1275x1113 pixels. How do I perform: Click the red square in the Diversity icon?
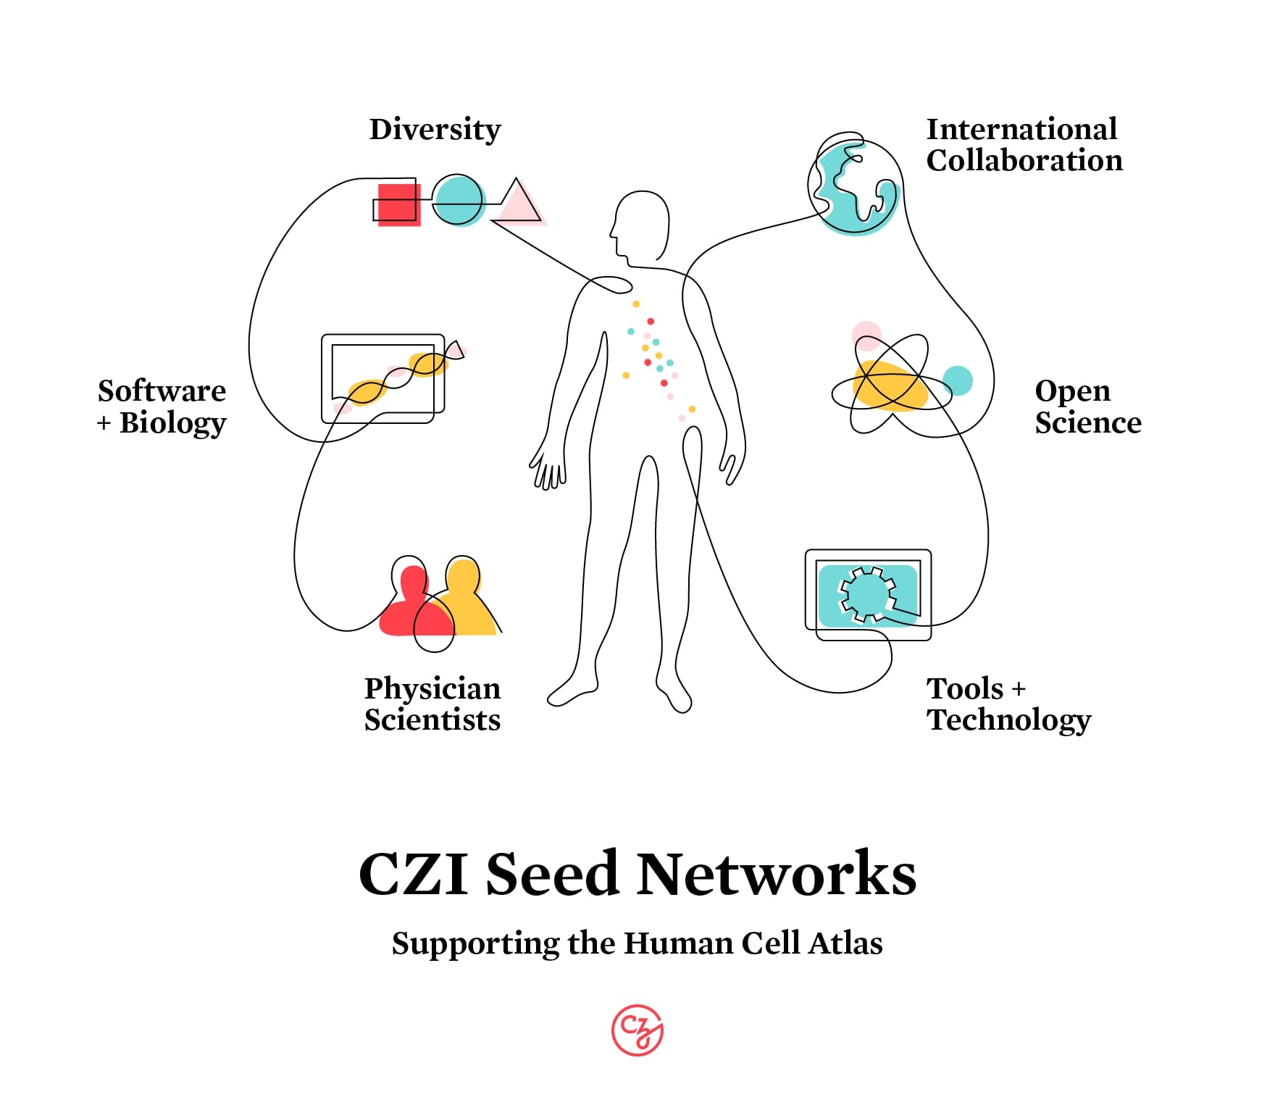coord(398,204)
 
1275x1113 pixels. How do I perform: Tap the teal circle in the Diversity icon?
coord(458,201)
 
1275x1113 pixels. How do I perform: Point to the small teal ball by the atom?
coord(957,380)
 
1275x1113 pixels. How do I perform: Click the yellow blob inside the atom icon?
coord(890,387)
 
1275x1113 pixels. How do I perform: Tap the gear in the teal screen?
coord(867,594)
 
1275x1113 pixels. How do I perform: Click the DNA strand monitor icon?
coord(383,378)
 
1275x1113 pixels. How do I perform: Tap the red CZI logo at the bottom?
coord(637,1029)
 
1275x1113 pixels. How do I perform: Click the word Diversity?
coord(435,130)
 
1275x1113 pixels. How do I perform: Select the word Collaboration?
coord(1024,160)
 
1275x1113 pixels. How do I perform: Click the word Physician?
coord(432,689)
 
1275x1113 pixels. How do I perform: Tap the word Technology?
coord(1008,720)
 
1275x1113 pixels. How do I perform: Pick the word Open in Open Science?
coord(1071,392)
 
